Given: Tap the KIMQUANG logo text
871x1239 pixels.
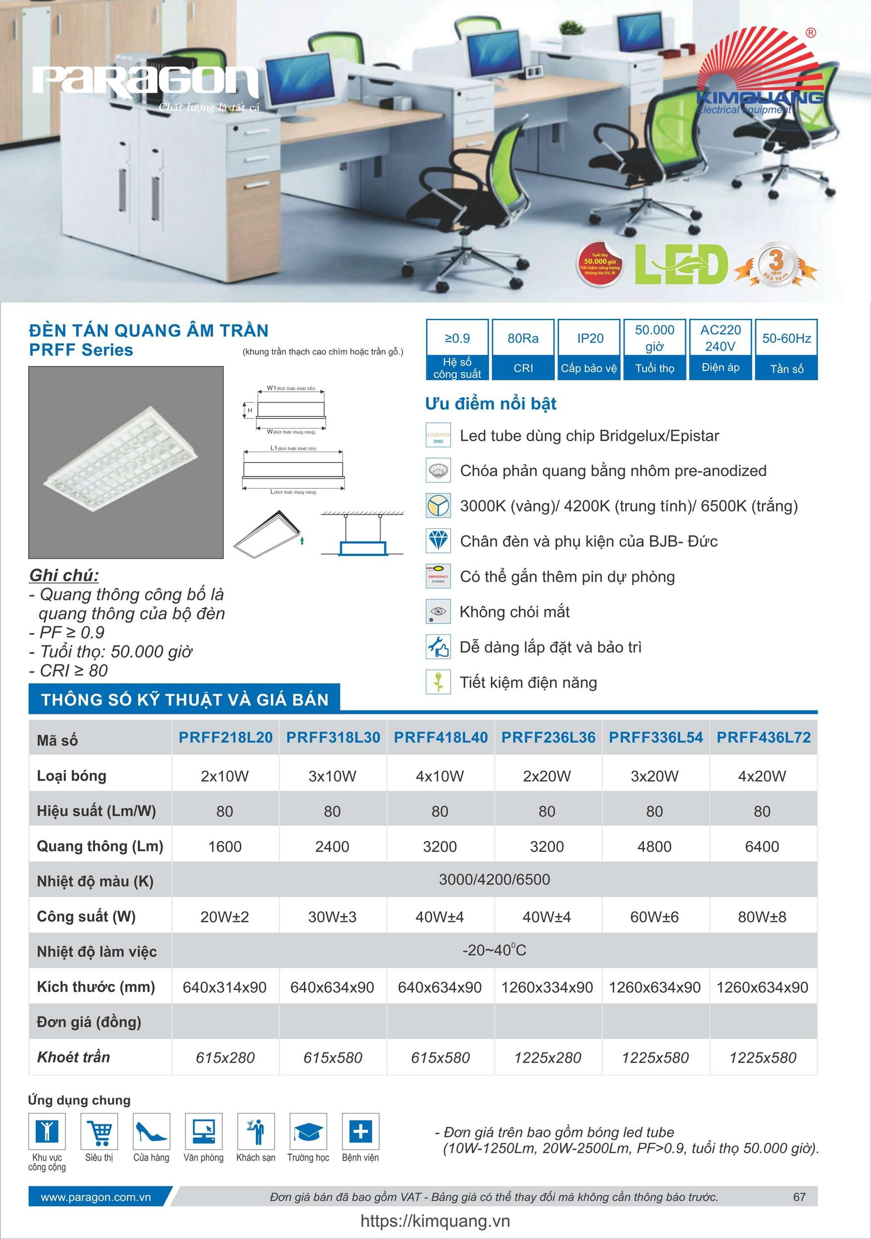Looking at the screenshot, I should coord(760,97).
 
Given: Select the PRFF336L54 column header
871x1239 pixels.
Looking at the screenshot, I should coord(656,737).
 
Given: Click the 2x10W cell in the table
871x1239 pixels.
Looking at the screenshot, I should coord(225,776).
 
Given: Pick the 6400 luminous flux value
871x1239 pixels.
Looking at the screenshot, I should coord(761,846).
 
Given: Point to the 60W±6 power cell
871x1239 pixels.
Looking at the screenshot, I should coord(654,917).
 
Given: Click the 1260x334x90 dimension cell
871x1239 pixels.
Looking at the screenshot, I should coord(547,987).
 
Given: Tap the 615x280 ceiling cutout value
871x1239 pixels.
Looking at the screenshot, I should coord(225,1057).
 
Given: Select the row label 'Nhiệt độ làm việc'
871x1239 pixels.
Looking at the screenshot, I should coord(97,951).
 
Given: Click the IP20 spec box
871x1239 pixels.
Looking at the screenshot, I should coord(590,349).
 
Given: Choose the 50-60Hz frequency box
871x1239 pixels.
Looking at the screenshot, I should coord(786,349).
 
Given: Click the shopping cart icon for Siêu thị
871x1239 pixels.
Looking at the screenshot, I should coord(99,1131).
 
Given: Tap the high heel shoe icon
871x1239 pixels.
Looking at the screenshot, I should coord(152,1131).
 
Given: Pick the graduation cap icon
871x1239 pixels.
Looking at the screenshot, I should coord(308,1131).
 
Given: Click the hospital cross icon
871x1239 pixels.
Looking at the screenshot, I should coord(360,1131).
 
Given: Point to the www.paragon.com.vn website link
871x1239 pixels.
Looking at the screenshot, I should coord(96,1197).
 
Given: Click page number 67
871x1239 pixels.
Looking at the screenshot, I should coord(799,1197).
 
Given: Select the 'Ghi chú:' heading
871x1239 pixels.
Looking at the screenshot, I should coord(63,575).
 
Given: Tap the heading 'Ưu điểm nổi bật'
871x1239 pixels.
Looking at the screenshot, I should coord(491,404).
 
